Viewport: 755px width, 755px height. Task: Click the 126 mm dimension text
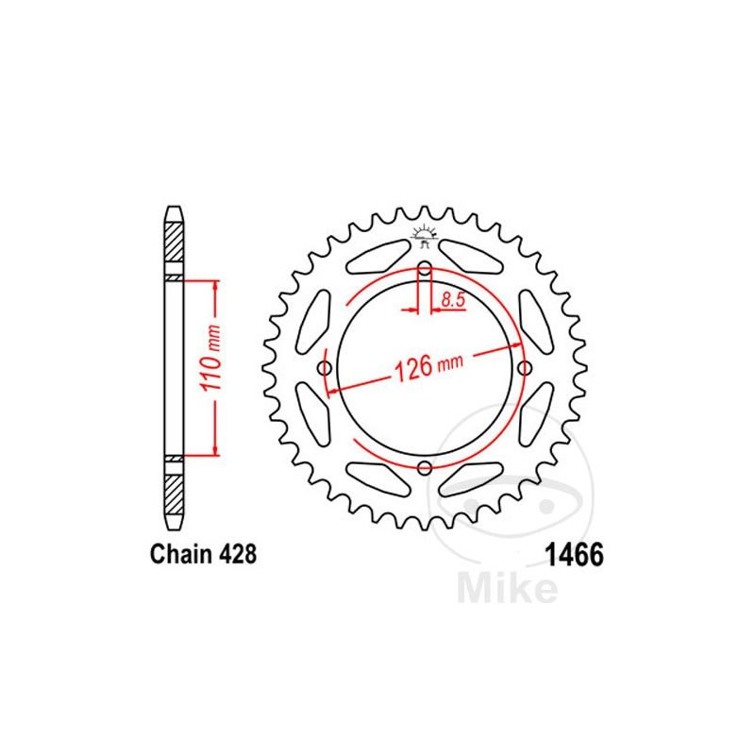[x=428, y=366]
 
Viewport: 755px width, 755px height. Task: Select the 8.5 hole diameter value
[x=453, y=299]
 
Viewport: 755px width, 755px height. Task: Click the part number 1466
[x=574, y=555]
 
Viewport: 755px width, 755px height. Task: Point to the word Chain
[x=181, y=554]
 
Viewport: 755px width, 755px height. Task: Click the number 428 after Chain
[x=238, y=554]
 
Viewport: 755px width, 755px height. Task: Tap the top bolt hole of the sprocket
[x=424, y=269]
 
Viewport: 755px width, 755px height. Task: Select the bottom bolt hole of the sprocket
[x=424, y=467]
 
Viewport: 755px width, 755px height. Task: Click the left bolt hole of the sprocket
[x=325, y=368]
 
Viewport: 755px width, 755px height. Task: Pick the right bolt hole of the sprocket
[x=524, y=368]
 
